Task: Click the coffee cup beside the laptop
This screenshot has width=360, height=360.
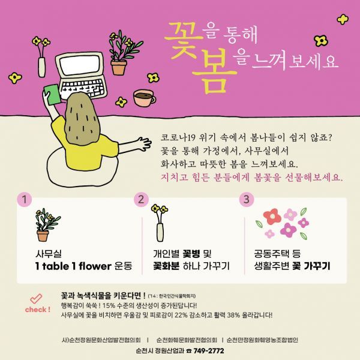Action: tap(144, 98)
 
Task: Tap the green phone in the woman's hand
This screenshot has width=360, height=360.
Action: tap(53, 94)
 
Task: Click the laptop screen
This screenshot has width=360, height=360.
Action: tap(79, 65)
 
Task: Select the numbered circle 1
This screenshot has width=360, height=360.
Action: tap(25, 199)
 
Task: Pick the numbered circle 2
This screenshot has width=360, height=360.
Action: tap(141, 199)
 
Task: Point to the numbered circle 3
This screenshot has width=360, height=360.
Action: tap(247, 199)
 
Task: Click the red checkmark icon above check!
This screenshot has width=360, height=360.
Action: tap(36, 298)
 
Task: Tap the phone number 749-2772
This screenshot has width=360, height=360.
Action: tap(209, 351)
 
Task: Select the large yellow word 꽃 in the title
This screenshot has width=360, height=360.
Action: tap(184, 43)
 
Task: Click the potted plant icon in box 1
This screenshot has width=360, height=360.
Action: tap(47, 225)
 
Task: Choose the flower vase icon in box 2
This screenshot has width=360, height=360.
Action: tap(160, 223)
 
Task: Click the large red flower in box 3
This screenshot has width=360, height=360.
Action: tap(272, 216)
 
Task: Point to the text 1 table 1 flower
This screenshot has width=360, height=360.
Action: tap(73, 266)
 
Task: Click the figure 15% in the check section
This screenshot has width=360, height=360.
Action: tap(109, 305)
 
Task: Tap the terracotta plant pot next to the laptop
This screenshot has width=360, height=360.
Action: tap(119, 67)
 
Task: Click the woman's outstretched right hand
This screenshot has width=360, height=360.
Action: tap(144, 143)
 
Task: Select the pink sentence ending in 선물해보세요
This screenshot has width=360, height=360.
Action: tap(251, 178)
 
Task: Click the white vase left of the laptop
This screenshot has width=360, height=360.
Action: tap(41, 67)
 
